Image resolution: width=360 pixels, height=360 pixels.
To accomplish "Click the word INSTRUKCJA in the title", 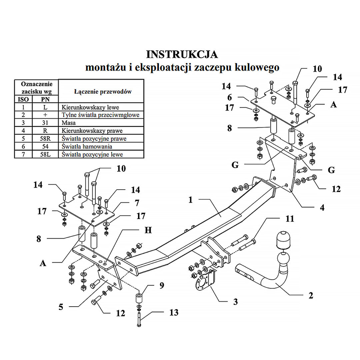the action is (x=182, y=55).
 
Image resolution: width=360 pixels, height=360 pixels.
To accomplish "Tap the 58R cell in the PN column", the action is (x=45, y=138).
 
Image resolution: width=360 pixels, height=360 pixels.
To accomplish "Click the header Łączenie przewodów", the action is (x=103, y=92).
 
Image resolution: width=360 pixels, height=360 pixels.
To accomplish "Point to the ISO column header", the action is (x=23, y=99).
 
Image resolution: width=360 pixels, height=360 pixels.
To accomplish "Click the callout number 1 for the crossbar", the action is (x=190, y=200).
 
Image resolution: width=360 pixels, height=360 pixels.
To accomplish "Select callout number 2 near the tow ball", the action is (x=311, y=295).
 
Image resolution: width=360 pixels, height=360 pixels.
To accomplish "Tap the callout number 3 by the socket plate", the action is (x=235, y=302).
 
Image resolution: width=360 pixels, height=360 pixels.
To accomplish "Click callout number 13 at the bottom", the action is (x=174, y=312).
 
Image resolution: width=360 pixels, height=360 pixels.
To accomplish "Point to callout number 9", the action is (x=162, y=285).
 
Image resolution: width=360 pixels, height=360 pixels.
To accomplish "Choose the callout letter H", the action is (x=148, y=230).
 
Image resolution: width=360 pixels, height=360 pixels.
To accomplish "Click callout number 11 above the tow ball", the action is (x=290, y=219).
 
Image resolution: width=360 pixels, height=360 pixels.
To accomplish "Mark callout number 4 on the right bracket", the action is (x=322, y=208).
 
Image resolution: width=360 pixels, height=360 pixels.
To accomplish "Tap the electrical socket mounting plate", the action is (x=205, y=281).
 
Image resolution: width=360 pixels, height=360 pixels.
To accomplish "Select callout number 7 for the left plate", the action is (x=137, y=203).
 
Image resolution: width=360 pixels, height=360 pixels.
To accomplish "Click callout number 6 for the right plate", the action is (x=229, y=97).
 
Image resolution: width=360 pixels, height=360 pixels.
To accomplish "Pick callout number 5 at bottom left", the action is (x=61, y=307).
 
